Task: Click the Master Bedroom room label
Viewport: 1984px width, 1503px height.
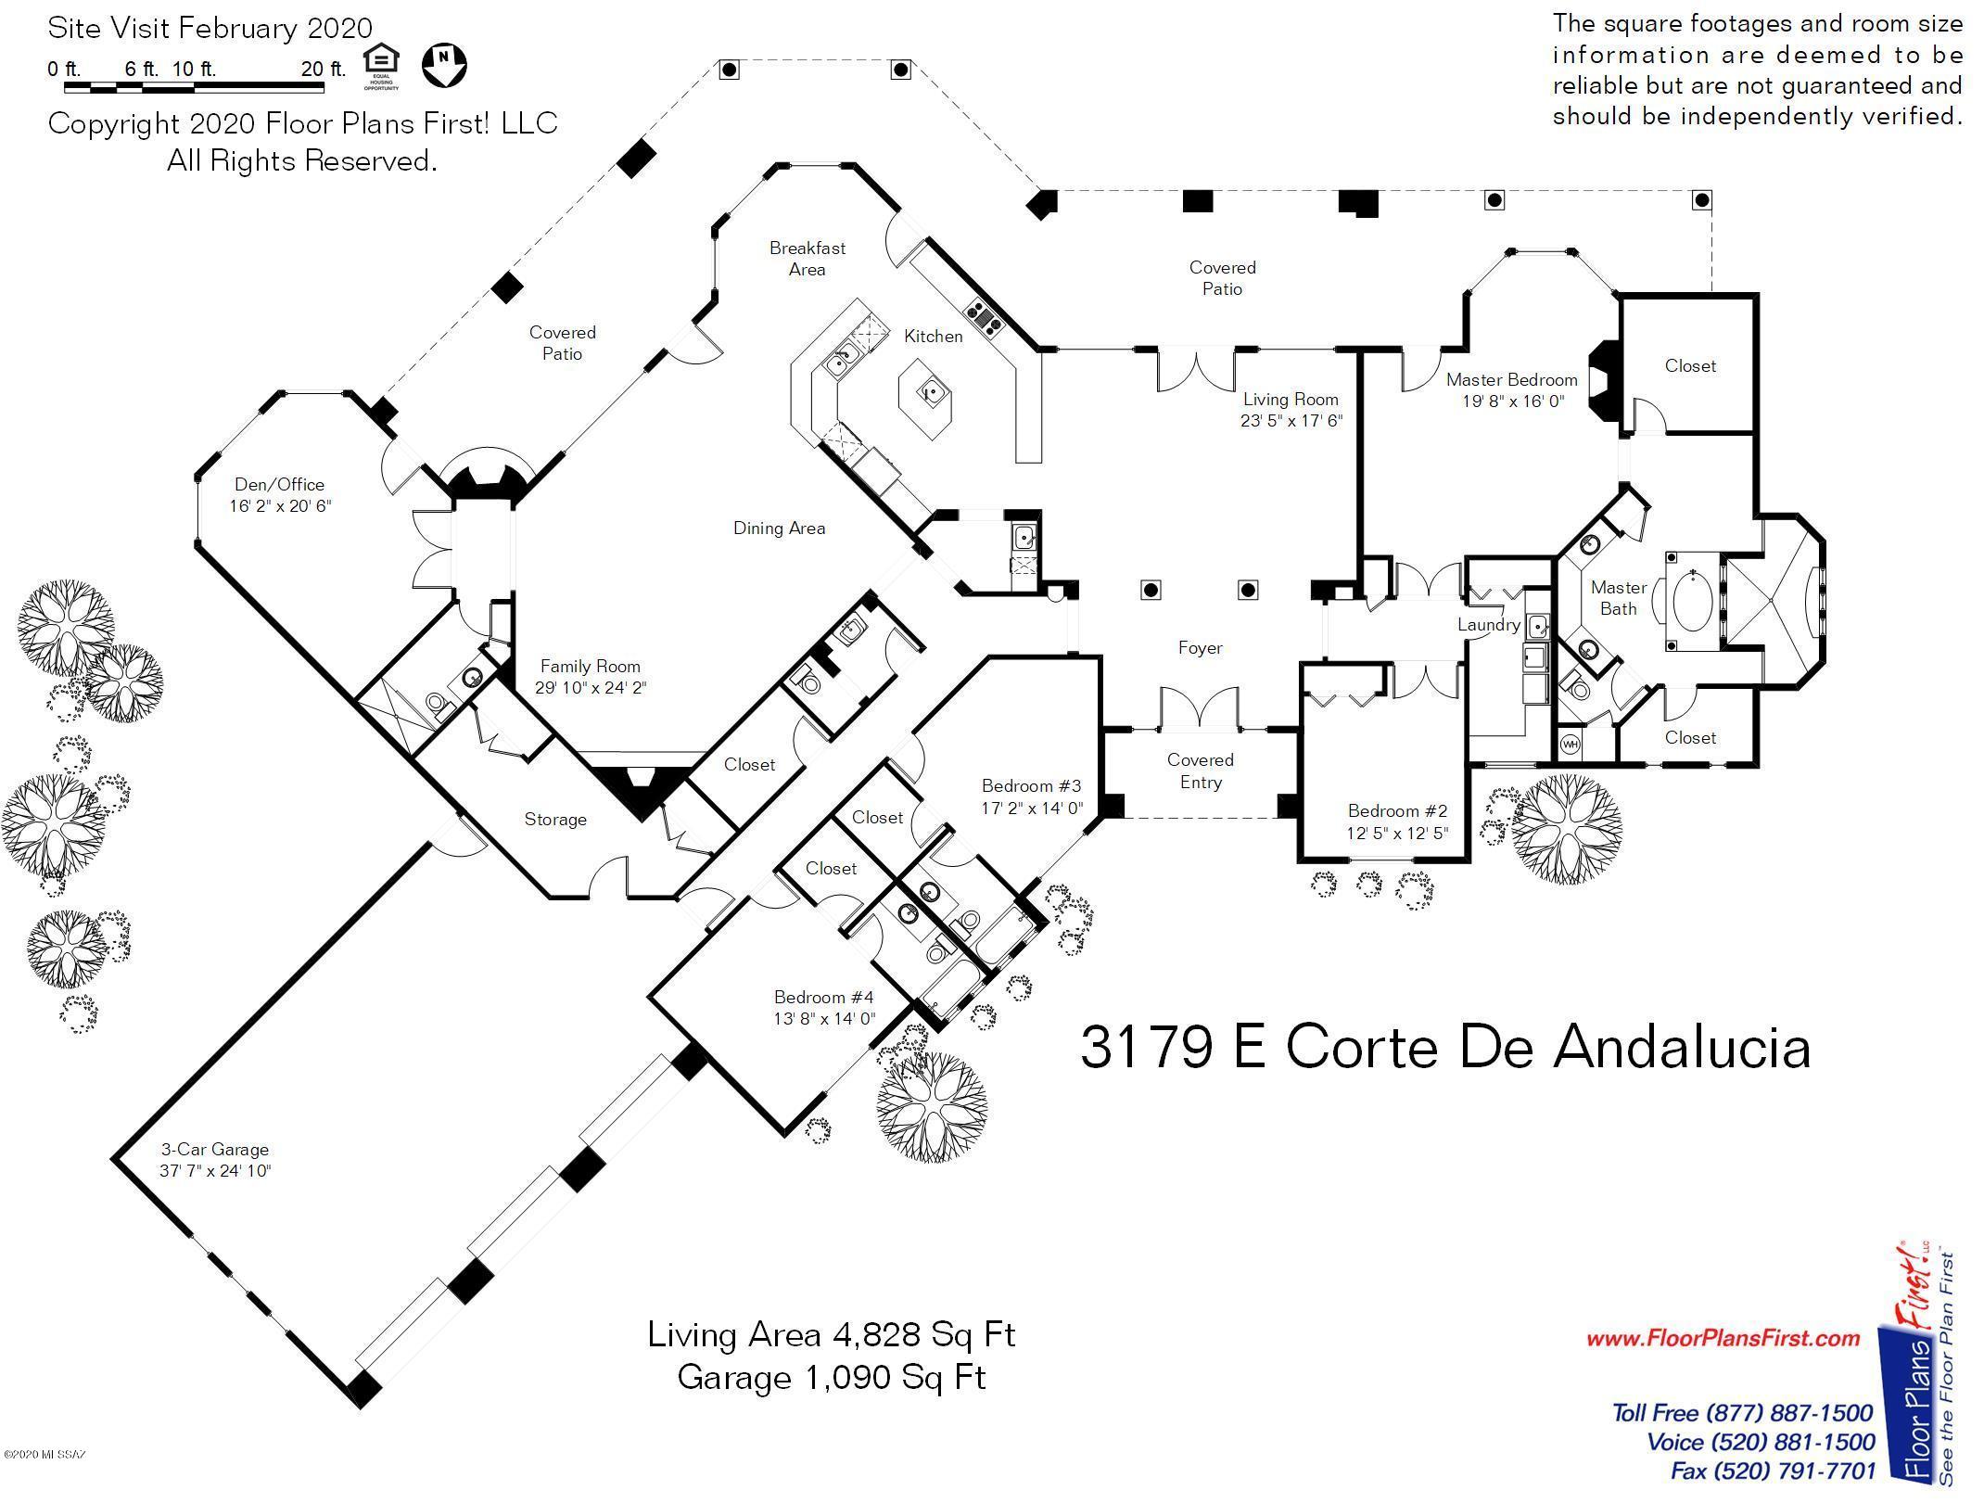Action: tap(1511, 380)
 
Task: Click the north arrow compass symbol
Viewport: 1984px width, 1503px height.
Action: tap(444, 65)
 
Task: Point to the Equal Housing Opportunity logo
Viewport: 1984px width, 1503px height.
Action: tap(381, 66)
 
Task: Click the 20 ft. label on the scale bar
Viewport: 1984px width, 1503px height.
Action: tap(324, 69)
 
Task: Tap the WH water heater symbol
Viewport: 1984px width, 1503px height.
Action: tap(1571, 744)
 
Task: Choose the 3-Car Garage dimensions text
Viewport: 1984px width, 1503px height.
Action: tap(215, 1171)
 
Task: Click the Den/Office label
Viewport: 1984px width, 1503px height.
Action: tap(279, 485)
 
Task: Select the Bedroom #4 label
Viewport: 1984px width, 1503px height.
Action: tap(824, 998)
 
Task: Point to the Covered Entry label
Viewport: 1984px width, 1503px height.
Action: tap(1201, 771)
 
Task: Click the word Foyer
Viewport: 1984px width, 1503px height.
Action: tap(1201, 648)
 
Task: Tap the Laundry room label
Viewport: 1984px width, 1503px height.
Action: tap(1489, 625)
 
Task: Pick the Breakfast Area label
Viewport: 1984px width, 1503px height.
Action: tap(808, 259)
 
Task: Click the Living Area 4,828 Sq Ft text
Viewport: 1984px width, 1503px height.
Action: tap(832, 1335)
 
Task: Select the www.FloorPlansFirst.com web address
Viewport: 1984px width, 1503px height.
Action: tap(1723, 1338)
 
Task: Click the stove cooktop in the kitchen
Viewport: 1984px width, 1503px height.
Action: tap(985, 317)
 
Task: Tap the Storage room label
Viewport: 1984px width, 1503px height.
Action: tap(555, 820)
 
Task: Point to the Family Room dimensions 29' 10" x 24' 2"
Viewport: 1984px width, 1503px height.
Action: tap(591, 688)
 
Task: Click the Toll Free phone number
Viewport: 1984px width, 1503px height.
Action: tap(1743, 1413)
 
